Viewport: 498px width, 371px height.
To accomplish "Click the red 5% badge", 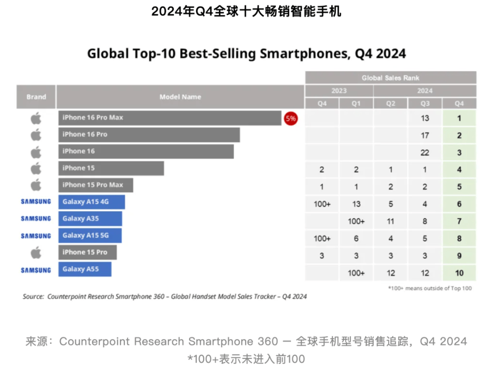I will [290, 118].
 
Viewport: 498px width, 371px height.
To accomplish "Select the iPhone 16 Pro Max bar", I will [170, 118].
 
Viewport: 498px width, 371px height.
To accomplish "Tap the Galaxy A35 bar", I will [90, 219].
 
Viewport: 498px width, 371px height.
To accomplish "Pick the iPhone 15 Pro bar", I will [88, 252].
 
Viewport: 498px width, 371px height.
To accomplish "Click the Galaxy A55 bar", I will [85, 269].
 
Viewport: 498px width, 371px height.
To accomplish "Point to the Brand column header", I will [36, 97].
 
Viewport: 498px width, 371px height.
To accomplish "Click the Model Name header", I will [180, 97].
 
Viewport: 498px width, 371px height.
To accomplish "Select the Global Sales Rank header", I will [391, 78].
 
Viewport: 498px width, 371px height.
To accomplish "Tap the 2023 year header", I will [339, 91].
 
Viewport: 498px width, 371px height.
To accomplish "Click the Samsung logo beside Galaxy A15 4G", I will [36, 202].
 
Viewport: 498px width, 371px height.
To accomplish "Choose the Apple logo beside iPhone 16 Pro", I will [36, 135].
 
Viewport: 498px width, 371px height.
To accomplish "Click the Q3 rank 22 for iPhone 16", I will [425, 153].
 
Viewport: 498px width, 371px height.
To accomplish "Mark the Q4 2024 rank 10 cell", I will [459, 273].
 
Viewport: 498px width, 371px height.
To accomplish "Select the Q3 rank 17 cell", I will [425, 136].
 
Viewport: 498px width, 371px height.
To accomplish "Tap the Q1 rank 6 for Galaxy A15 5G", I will [356, 239].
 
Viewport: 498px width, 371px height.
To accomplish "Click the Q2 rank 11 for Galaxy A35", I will [391, 221].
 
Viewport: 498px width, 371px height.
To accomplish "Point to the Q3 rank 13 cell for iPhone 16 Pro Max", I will [425, 118].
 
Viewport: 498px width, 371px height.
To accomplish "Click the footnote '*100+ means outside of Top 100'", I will [429, 288].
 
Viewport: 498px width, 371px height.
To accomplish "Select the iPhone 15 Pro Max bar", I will [95, 185].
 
